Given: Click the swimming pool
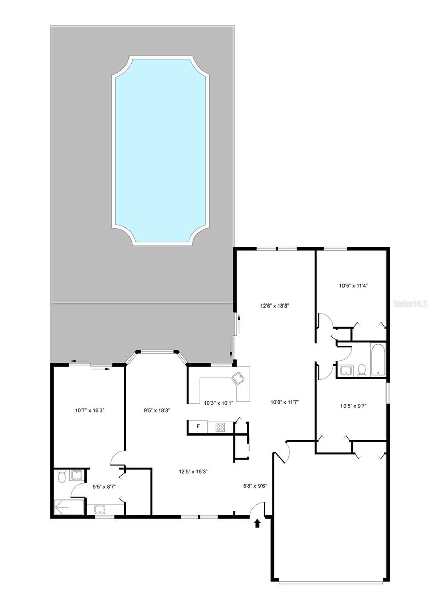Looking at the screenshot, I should tap(160, 150).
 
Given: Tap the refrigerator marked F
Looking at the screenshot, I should tap(198, 427).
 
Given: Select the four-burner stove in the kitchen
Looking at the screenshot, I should tap(220, 427).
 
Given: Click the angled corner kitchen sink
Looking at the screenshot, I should tap(238, 377).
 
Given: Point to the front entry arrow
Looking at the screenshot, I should tap(258, 523).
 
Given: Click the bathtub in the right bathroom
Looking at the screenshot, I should tap(378, 360).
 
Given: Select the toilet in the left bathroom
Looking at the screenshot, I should tap(61, 476).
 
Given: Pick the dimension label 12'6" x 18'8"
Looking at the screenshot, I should tap(274, 306).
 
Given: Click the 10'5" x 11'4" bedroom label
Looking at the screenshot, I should tap(353, 285).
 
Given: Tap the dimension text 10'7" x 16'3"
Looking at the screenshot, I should tap(90, 411).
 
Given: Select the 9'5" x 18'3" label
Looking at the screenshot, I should tap(157, 411).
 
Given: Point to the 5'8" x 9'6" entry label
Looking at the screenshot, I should tap(255, 486).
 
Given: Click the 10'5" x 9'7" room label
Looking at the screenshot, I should tap(353, 405).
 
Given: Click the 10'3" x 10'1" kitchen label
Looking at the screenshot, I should tap(219, 403).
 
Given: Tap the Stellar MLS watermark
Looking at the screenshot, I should tap(410, 304).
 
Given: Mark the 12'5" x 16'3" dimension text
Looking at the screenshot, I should tap(193, 471).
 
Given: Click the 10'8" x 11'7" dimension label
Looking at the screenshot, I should tap(285, 402).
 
